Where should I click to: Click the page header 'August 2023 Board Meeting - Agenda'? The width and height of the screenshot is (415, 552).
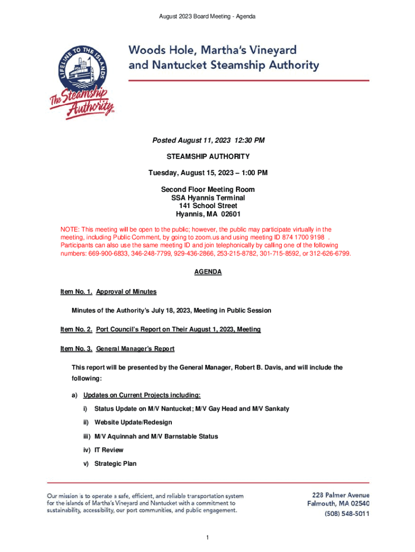point(207,17)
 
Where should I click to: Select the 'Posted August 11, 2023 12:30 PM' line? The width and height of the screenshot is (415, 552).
point(208,141)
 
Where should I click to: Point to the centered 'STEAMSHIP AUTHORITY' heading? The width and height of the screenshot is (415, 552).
point(208,157)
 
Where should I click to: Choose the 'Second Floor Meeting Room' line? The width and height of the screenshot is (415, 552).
point(208,190)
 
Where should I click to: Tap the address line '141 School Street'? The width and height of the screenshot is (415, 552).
point(208,206)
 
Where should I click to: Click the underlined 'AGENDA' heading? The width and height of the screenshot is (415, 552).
point(208,272)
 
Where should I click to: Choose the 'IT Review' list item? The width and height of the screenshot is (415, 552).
point(109,450)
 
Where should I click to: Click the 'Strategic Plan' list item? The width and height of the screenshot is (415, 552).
point(115,464)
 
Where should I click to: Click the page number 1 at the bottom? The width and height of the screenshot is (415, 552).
point(207,537)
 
